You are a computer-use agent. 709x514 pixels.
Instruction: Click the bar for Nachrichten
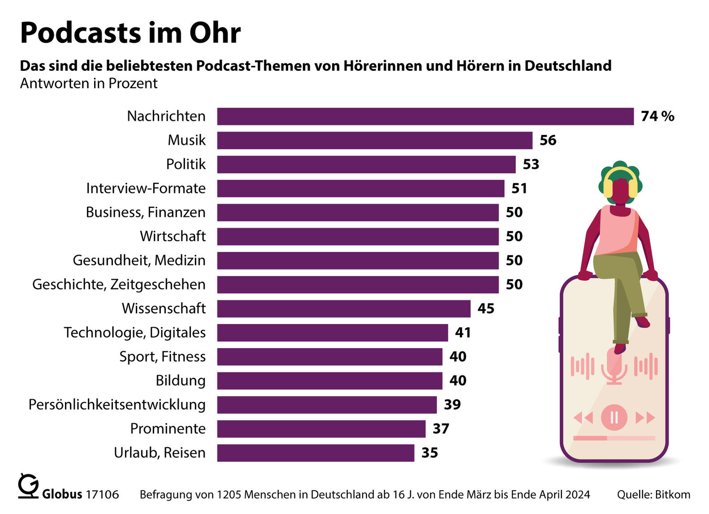coord(425,117)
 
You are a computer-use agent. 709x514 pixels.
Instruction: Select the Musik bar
coord(374,140)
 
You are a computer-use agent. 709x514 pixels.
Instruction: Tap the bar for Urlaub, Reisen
coord(316,453)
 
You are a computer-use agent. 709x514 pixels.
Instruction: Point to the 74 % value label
coord(657,117)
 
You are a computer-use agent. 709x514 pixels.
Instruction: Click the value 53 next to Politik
coord(531,164)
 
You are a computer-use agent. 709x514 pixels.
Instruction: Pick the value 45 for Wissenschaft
coord(485,309)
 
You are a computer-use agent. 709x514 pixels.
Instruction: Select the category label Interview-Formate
coord(146,189)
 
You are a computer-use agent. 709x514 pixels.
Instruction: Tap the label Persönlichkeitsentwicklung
coord(117,405)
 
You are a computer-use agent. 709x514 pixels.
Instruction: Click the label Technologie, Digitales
coord(134,333)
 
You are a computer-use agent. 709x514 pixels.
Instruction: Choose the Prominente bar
coord(321,429)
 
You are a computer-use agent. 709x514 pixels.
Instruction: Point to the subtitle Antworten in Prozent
coord(89,84)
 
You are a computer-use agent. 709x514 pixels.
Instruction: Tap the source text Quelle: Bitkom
coord(653,495)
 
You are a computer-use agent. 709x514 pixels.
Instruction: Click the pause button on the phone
coord(614,418)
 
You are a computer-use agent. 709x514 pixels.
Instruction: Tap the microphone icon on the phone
coord(614,365)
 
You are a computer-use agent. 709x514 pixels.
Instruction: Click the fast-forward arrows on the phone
coord(645,418)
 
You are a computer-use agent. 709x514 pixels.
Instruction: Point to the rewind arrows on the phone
coord(583,418)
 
